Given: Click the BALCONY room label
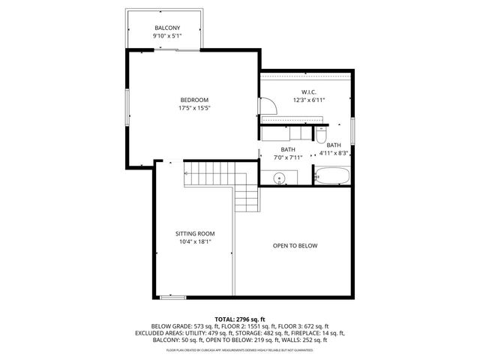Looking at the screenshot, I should pos(167,28).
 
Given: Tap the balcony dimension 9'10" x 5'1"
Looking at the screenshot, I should pos(167,36).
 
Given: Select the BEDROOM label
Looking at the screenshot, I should pos(193,100).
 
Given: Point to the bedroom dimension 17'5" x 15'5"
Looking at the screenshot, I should pos(193,108).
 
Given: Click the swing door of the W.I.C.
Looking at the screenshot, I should pos(270,108).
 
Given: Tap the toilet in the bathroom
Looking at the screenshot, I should pos(321,135).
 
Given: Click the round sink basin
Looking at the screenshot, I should pos(279,178).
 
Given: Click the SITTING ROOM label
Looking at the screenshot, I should pos(195,233).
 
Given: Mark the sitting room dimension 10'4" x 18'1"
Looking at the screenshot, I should pos(195,241).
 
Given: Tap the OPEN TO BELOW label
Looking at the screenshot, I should pos(295,245).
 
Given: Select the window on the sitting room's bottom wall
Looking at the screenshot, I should pos(173,298).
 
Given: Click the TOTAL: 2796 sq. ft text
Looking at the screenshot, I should pos(240,319).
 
